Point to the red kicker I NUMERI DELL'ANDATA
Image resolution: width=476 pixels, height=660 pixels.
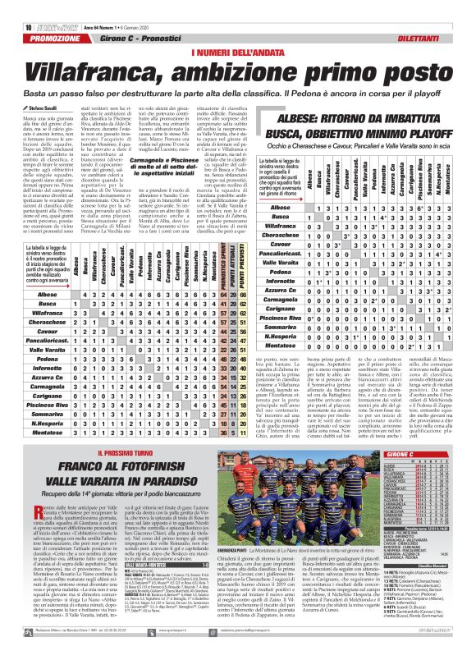(238, 30)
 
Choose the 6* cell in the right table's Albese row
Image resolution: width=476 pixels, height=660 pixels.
(428, 209)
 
